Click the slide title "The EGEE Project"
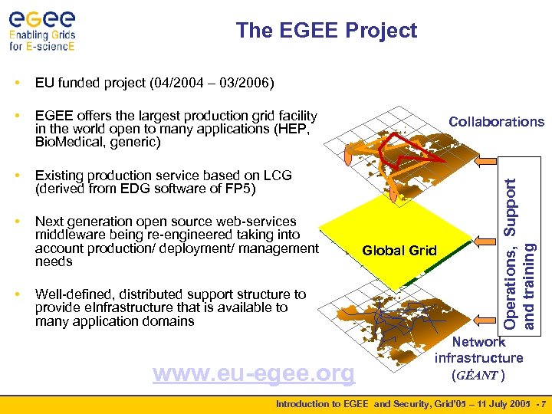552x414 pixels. [x=327, y=31]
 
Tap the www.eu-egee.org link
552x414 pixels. [x=254, y=373]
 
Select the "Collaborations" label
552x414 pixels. [x=496, y=122]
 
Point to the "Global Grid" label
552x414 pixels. [x=399, y=250]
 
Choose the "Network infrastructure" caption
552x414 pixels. [x=479, y=350]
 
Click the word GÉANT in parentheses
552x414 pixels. [x=480, y=375]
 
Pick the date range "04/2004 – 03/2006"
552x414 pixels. [x=215, y=82]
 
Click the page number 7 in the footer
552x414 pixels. [x=544, y=404]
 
